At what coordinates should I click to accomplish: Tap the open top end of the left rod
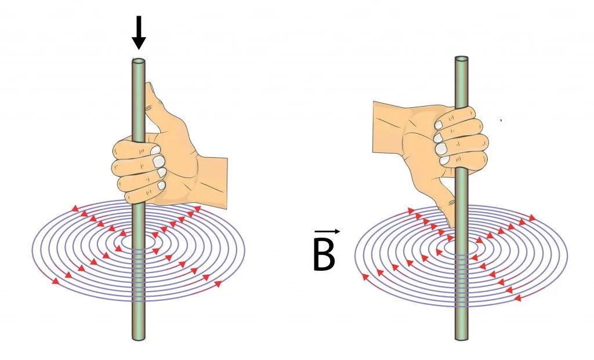[x=138, y=60]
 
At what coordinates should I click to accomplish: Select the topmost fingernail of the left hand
[x=156, y=150]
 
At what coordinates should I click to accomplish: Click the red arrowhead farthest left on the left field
[x=56, y=282]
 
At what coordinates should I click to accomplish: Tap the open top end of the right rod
[x=461, y=59]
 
